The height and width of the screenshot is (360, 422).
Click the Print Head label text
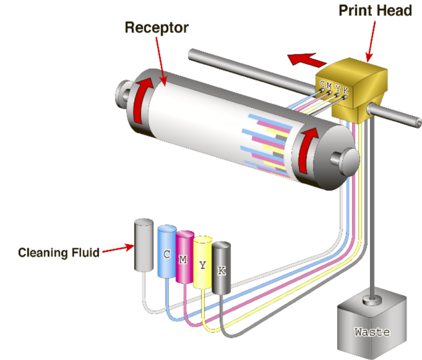(x=375, y=10)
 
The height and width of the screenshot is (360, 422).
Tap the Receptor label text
(x=157, y=28)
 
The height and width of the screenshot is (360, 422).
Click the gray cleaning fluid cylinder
(x=143, y=245)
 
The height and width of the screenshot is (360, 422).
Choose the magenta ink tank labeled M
(x=184, y=258)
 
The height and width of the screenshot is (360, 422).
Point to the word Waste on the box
(x=372, y=331)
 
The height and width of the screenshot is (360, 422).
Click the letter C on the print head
(x=322, y=84)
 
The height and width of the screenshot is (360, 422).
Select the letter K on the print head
(x=345, y=90)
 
